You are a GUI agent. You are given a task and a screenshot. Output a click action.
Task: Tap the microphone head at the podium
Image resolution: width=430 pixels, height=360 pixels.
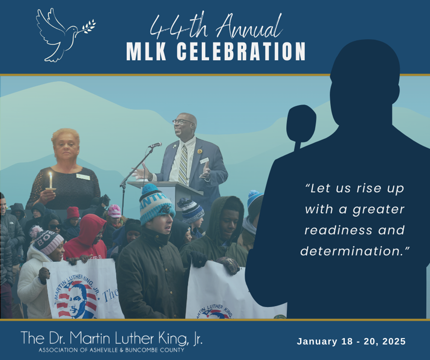pyautogui.click(x=156, y=145)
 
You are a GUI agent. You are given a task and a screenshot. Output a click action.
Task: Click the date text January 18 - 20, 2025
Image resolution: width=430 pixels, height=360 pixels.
pyautogui.click(x=351, y=342)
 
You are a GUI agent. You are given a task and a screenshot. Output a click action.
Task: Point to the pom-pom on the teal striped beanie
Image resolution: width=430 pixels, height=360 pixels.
pyautogui.click(x=150, y=189)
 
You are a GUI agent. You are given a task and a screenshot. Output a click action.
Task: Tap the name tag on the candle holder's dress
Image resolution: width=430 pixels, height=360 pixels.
pyautogui.click(x=83, y=177)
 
